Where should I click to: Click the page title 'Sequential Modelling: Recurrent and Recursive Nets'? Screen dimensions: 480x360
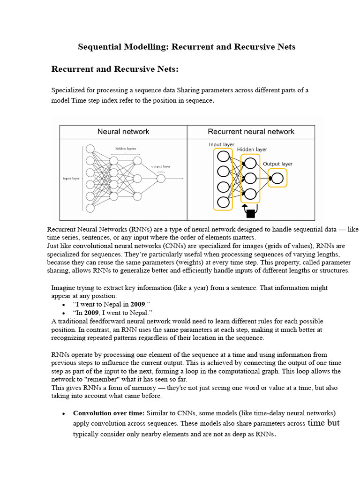click(186, 47)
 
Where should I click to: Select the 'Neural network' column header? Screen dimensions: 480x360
click(123, 132)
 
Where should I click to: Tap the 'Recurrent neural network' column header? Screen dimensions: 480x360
click(251, 132)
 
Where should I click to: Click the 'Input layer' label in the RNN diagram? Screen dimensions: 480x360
click(222, 145)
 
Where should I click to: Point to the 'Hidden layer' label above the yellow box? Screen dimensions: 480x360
click(252, 150)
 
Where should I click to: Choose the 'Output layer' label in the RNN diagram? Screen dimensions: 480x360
click(277, 164)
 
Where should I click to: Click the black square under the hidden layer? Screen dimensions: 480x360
click(250, 214)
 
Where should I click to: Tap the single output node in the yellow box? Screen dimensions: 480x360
click(277, 179)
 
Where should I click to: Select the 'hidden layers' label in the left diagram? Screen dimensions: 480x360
click(126, 149)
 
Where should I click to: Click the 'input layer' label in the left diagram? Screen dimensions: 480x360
click(71, 179)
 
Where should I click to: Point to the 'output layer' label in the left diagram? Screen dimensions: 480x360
click(161, 166)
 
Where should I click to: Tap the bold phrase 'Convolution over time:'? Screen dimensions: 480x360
click(109, 413)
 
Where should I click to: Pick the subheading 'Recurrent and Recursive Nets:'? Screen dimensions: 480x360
click(115, 69)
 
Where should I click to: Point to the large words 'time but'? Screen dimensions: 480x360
click(323, 423)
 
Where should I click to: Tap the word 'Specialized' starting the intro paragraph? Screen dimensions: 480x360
click(68, 90)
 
